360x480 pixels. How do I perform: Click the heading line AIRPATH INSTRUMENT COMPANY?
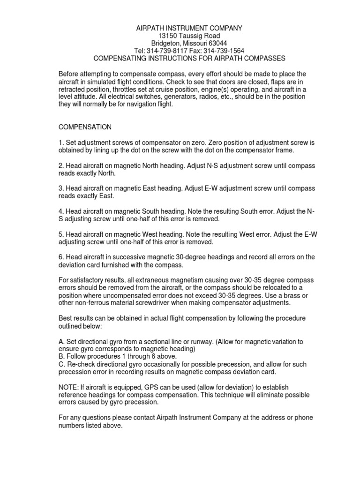pyautogui.click(x=187, y=28)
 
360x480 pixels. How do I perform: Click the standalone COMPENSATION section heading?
pyautogui.click(x=85, y=127)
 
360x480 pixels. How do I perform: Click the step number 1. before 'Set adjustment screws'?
pyautogui.click(x=61, y=142)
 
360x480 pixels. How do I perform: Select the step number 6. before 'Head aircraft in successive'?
pyautogui.click(x=61, y=257)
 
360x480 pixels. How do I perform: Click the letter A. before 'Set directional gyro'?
pyautogui.click(x=61, y=341)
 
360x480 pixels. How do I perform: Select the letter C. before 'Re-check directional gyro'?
pyautogui.click(x=61, y=364)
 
